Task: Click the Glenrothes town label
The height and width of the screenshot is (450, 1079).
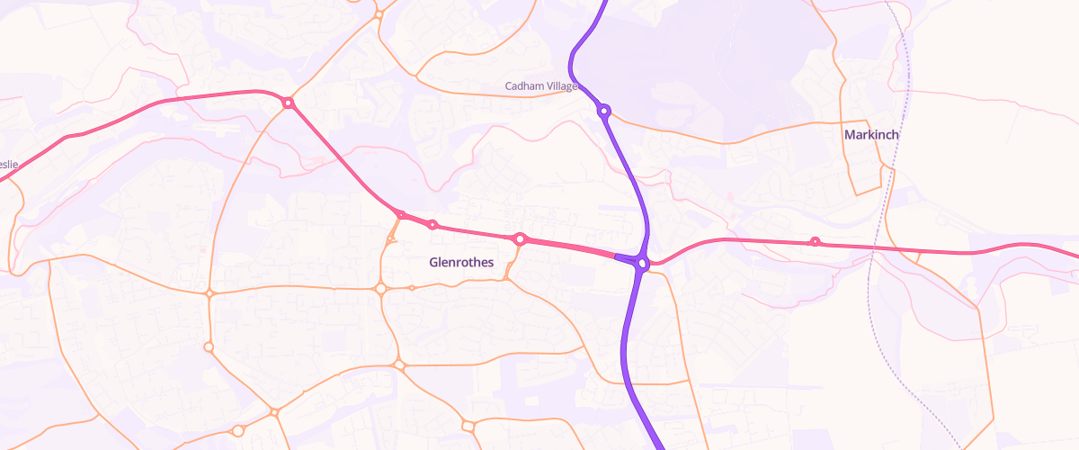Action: point(461,263)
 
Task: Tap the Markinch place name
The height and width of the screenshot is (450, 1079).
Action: point(871,135)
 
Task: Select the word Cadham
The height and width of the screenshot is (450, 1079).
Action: point(525,86)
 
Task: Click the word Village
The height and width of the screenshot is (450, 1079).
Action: point(565,86)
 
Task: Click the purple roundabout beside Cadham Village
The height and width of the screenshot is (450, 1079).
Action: point(604,112)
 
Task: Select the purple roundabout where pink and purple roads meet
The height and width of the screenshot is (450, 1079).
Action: point(643,263)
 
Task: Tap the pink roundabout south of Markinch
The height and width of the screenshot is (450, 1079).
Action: point(816,241)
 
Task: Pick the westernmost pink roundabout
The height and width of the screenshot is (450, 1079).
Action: point(288,103)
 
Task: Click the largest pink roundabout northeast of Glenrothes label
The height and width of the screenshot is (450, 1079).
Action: point(520,239)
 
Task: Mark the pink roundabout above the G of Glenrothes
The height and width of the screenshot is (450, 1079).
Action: point(432,225)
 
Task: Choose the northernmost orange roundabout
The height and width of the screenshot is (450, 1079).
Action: point(379,14)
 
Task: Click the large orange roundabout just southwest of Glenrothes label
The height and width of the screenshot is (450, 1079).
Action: point(380,289)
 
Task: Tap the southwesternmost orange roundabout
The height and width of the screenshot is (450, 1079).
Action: point(237,431)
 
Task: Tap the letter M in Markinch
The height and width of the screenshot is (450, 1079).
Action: point(850,135)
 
